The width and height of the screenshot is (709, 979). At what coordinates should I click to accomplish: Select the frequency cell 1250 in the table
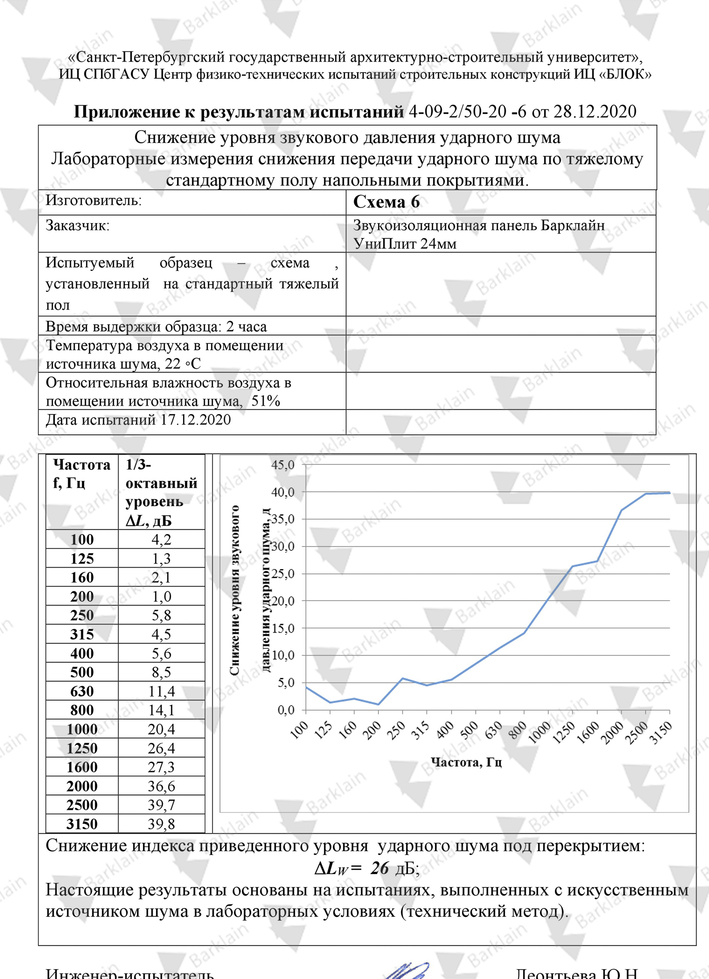pyautogui.click(x=82, y=748)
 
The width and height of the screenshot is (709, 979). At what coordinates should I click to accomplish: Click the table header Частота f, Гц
pyautogui.click(x=82, y=474)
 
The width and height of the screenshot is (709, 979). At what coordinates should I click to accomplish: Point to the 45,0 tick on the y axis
pyautogui.click(x=283, y=465)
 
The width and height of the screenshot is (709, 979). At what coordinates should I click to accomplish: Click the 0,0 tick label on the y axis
pyautogui.click(x=286, y=710)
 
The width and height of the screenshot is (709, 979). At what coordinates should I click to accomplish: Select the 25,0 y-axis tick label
pyautogui.click(x=283, y=574)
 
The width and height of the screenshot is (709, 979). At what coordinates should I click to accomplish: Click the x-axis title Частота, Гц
pyautogui.click(x=466, y=762)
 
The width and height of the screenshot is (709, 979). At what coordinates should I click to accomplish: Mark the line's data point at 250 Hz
pyautogui.click(x=403, y=678)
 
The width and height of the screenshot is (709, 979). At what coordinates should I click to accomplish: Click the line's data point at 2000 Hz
pyautogui.click(x=621, y=510)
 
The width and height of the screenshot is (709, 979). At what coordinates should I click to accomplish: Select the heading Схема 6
pyautogui.click(x=386, y=201)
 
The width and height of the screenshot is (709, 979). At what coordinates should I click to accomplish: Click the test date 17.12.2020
pyautogui.click(x=195, y=420)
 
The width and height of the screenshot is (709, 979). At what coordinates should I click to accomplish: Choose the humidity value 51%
pyautogui.click(x=266, y=401)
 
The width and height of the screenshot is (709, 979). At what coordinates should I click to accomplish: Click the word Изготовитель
pyautogui.click(x=93, y=200)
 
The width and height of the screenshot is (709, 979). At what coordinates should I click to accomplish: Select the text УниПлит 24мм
pyautogui.click(x=405, y=244)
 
